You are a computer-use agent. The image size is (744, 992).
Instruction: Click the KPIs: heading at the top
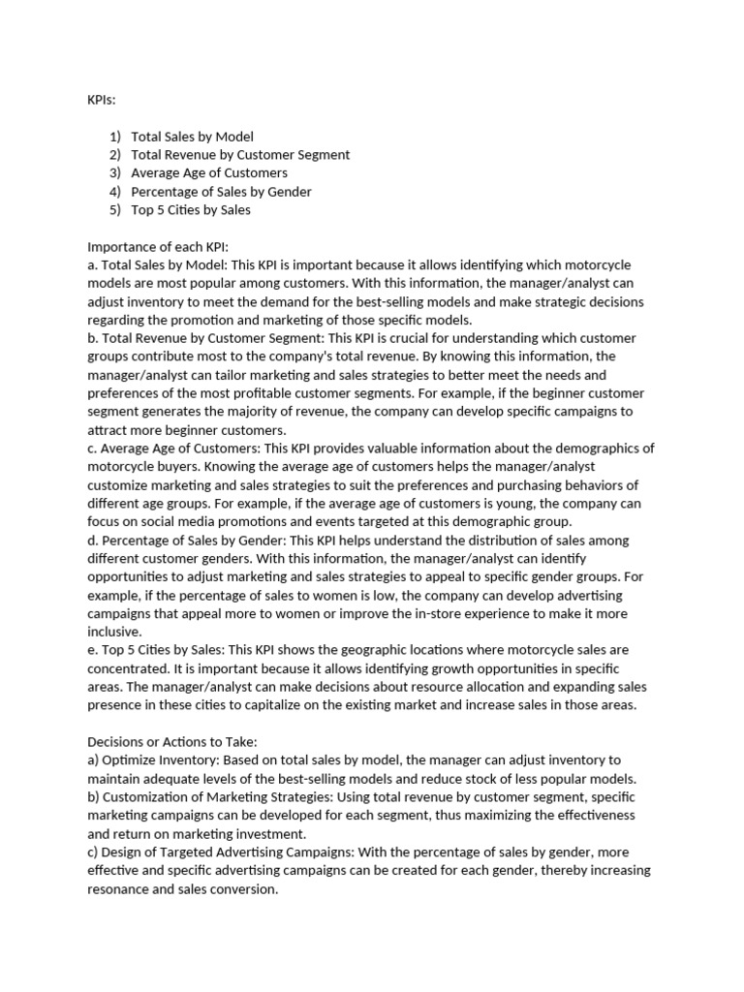[101, 100]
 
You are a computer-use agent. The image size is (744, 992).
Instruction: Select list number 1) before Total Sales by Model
[114, 137]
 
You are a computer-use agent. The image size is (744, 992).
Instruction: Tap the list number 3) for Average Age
[114, 173]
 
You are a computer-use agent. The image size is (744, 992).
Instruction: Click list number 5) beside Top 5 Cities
[114, 210]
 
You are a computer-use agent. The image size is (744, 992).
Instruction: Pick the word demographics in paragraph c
[596, 449]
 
